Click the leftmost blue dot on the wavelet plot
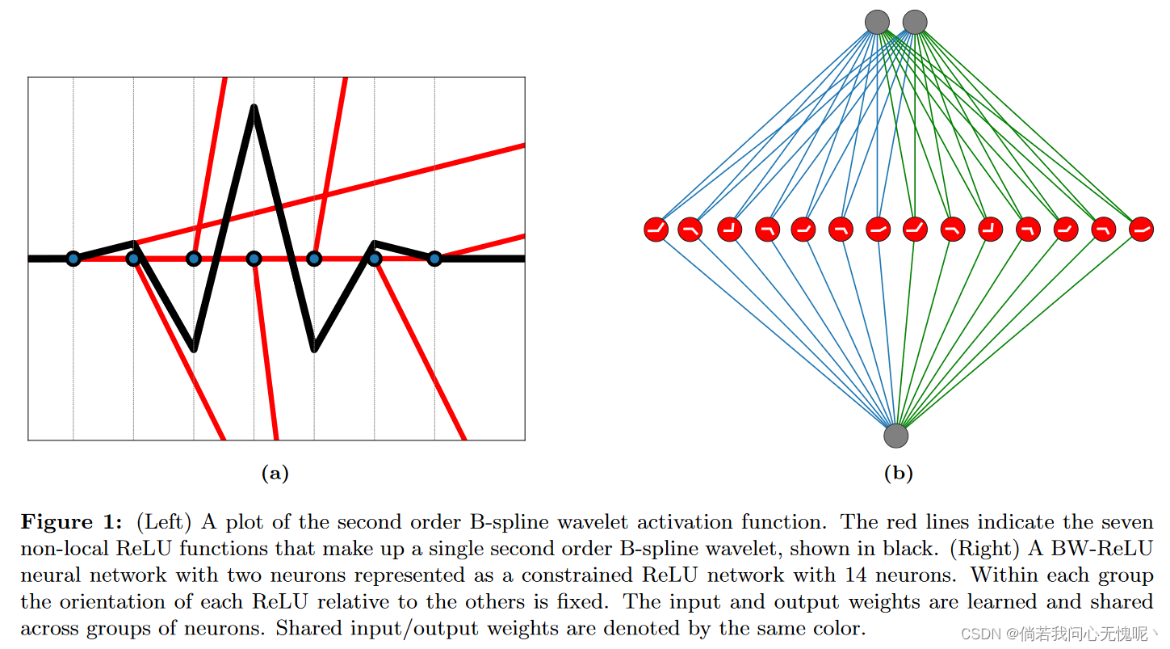[73, 259]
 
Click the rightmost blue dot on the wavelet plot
[434, 259]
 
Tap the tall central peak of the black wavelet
[254, 107]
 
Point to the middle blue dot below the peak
[254, 259]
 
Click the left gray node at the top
[877, 22]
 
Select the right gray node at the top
[914, 22]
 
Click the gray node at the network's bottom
[895, 436]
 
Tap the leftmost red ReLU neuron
[656, 230]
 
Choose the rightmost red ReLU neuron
[1141, 230]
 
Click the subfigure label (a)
[275, 474]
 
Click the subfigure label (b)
[898, 474]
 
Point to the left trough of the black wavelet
[194, 349]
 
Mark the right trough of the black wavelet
[315, 349]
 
